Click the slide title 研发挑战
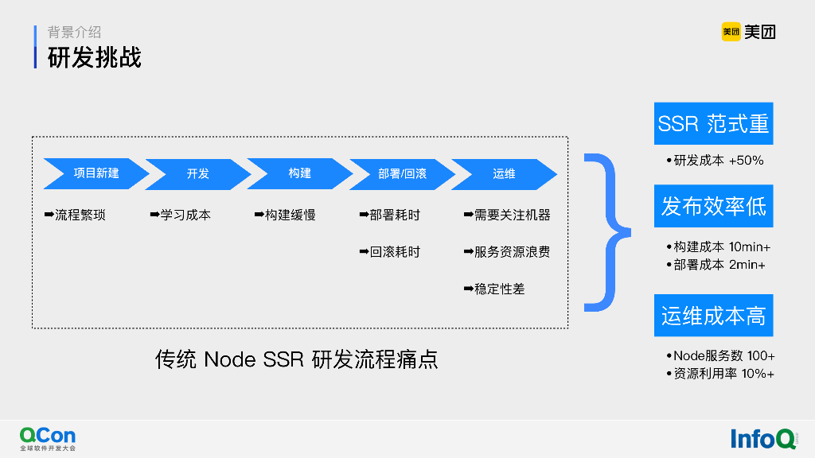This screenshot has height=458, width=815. click(95, 58)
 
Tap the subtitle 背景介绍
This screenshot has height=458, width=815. click(74, 33)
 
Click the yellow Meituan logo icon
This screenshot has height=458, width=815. click(731, 32)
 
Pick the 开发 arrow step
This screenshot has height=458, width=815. click(197, 173)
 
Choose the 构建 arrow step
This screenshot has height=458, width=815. click(299, 173)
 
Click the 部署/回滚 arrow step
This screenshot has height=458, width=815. click(402, 173)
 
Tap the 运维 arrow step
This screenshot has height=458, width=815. click(504, 173)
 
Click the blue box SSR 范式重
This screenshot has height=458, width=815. click(713, 124)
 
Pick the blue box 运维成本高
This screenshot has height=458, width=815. click(713, 316)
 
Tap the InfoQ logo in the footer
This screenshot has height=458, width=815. click(762, 438)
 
